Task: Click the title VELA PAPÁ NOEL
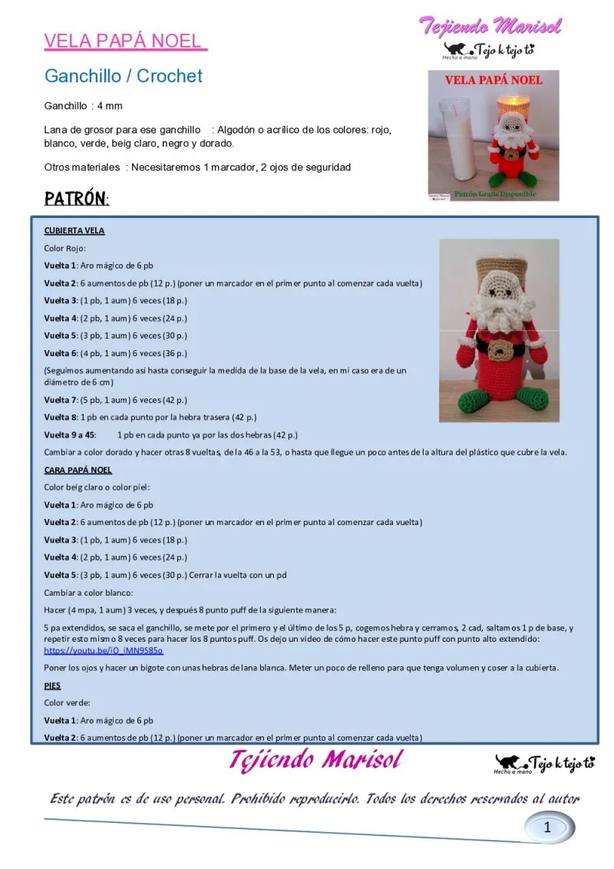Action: point(124,41)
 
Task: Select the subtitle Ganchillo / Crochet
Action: point(124,76)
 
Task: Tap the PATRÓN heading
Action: point(76,199)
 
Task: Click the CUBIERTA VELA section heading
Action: point(74,230)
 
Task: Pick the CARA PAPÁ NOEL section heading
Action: point(78,470)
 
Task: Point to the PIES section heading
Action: point(52,686)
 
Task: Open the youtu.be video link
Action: point(104,650)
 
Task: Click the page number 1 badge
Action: point(547,827)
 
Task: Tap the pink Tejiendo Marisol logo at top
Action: point(490,25)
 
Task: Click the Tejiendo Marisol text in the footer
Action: point(315,760)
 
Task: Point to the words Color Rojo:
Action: point(65,248)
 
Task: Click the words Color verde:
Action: point(68,702)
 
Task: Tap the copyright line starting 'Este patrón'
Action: point(315,798)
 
